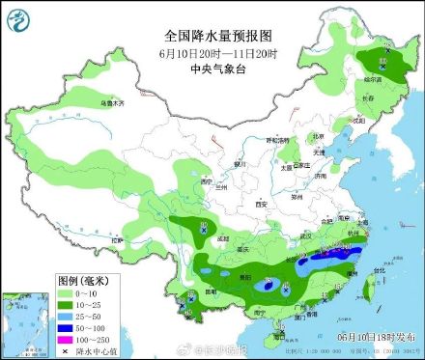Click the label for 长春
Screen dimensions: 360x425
pos(366,98)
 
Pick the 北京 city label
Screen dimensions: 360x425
pos(319,136)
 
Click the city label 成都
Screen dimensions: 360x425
pos(223,237)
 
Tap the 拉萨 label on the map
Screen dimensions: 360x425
pos(118,238)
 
